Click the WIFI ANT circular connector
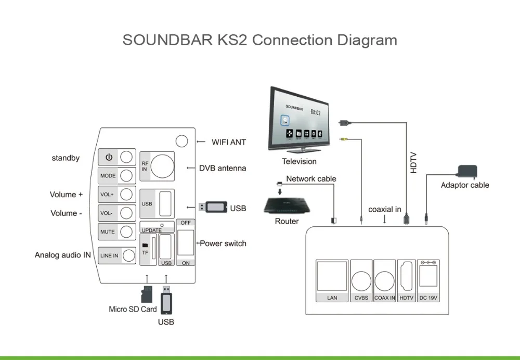click(x=181, y=141)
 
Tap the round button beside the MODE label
click(x=126, y=175)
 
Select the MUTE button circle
click(x=126, y=232)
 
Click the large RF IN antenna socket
click(x=162, y=166)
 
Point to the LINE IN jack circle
click(x=128, y=255)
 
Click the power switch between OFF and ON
click(x=186, y=242)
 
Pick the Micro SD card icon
click(x=147, y=294)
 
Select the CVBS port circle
click(x=361, y=281)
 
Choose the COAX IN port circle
click(x=385, y=281)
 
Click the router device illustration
click(x=287, y=205)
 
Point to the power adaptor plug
click(x=467, y=172)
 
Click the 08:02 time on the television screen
click(x=316, y=112)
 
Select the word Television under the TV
click(x=299, y=162)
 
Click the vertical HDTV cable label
click(x=413, y=163)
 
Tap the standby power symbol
click(x=109, y=157)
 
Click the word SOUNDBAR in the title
click(x=168, y=40)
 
